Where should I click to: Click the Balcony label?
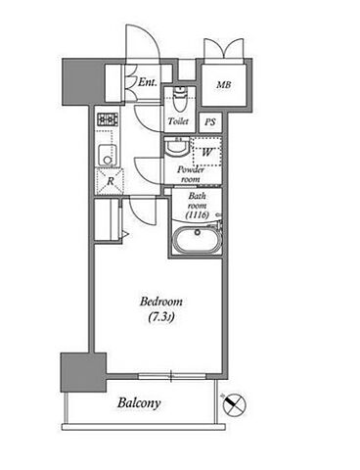click(139, 403)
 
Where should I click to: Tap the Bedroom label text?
click(161, 302)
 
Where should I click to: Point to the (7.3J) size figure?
click(160, 317)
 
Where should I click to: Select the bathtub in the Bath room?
click(197, 239)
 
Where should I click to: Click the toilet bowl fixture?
click(178, 98)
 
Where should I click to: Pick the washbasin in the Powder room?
click(177, 148)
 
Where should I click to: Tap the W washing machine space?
click(206, 152)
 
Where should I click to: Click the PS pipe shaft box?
click(210, 122)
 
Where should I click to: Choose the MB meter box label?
click(224, 85)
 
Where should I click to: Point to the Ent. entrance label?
click(148, 82)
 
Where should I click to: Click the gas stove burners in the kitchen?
click(108, 119)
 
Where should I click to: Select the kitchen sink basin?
click(108, 155)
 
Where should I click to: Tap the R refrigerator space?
click(110, 181)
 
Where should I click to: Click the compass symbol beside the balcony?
click(234, 404)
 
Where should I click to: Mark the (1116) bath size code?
click(197, 215)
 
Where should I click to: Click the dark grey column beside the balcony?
click(83, 372)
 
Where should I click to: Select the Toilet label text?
click(178, 121)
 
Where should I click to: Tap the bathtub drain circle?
click(197, 232)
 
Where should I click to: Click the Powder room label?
click(191, 174)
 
